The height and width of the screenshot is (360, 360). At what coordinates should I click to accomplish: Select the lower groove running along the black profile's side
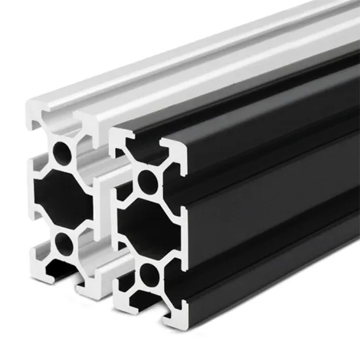pyautogui.click(x=275, y=262)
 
